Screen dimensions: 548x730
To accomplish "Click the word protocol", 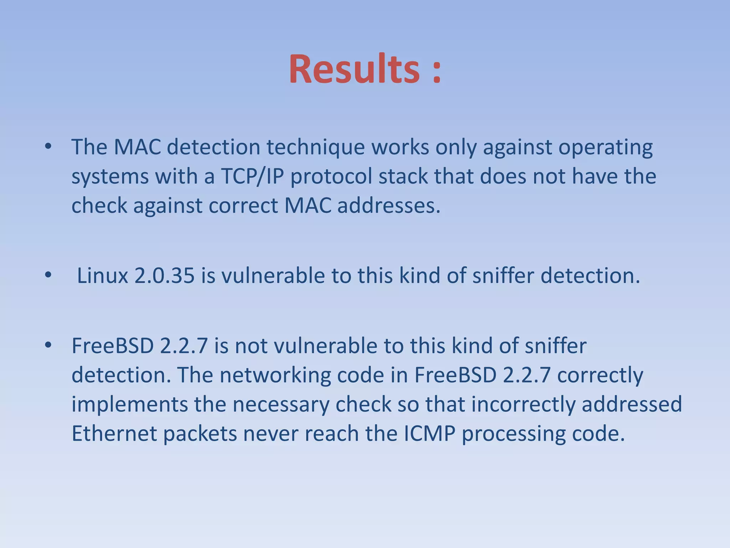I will coord(331,177).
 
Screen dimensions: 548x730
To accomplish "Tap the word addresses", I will coord(389,206).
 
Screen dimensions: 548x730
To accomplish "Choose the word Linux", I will coord(102,276).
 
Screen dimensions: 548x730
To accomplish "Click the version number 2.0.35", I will coord(164,276).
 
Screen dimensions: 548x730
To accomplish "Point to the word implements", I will coord(130,405).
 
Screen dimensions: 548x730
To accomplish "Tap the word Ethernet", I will coord(114,434).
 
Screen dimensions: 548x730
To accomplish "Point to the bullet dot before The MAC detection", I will coord(48,146).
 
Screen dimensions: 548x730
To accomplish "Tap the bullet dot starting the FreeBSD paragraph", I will coord(48,345).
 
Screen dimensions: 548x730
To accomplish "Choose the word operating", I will coord(605,148).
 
